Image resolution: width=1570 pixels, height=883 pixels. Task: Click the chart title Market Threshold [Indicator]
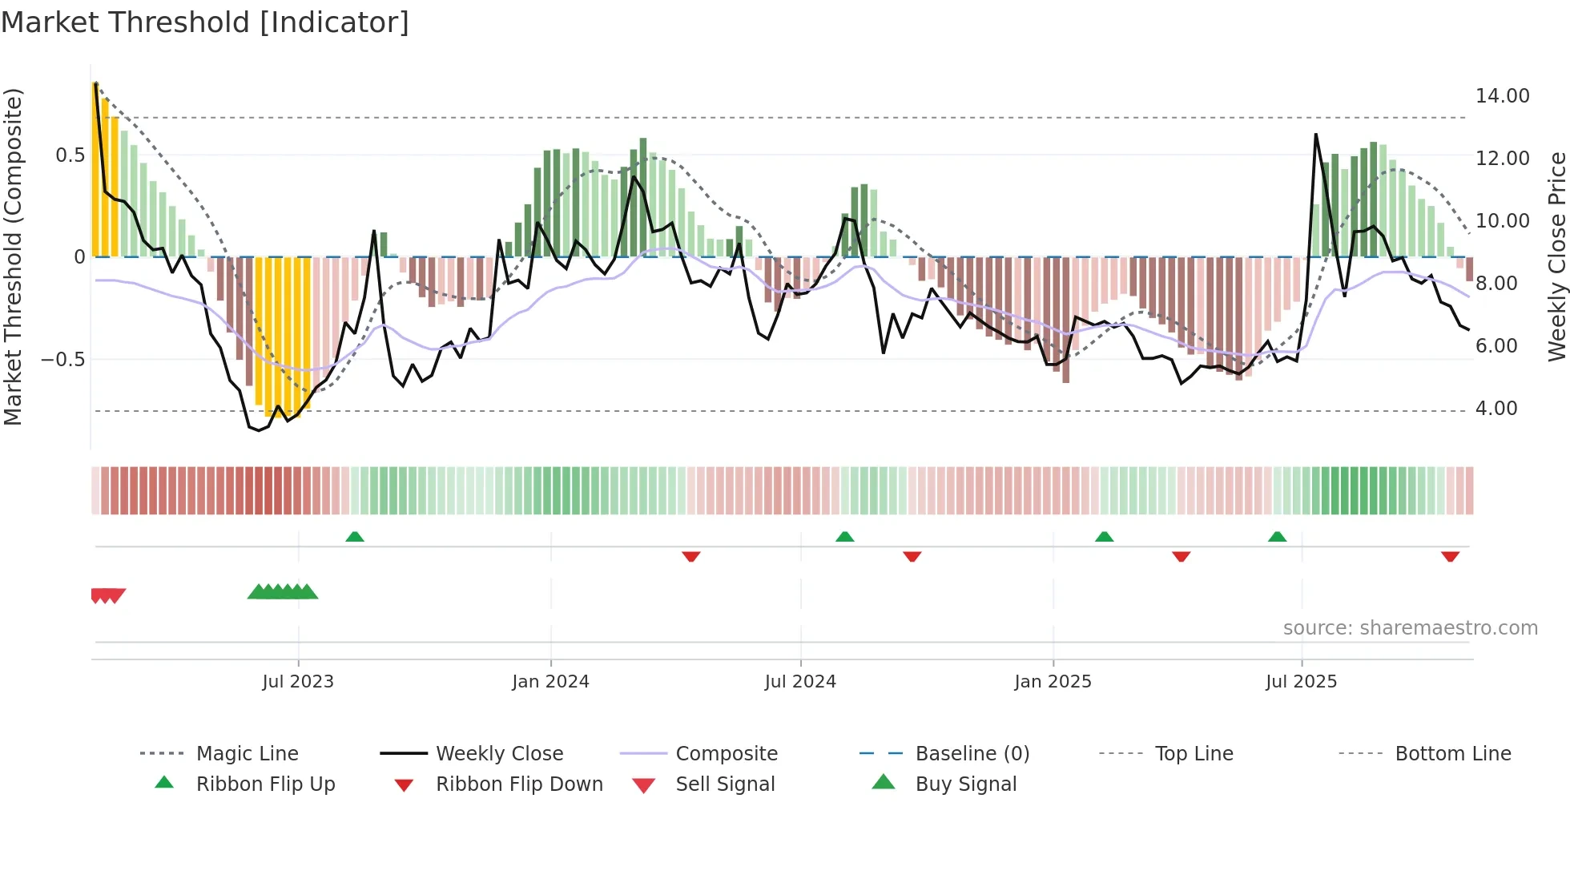[x=205, y=22]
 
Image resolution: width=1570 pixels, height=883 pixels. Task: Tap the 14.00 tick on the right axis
[x=1502, y=96]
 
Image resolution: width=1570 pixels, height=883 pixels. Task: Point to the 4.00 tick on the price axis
[x=1496, y=409]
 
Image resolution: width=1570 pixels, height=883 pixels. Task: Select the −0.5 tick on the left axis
[x=63, y=360]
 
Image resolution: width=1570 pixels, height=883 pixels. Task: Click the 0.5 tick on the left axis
[x=70, y=155]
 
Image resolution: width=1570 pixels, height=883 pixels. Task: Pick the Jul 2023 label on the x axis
[x=298, y=682]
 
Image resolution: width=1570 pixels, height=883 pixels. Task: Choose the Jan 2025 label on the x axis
[x=1053, y=682]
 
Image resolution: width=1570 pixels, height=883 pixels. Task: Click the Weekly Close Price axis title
[x=1556, y=256]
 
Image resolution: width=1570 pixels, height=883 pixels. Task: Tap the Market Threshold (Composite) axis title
[x=13, y=256]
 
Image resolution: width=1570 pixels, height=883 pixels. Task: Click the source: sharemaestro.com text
[x=1410, y=628]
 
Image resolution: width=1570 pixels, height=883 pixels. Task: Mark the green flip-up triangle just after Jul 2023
[x=355, y=537]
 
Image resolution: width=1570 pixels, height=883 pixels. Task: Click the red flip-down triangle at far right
[x=1450, y=556]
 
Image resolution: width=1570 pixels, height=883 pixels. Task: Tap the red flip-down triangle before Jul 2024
[x=691, y=556]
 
